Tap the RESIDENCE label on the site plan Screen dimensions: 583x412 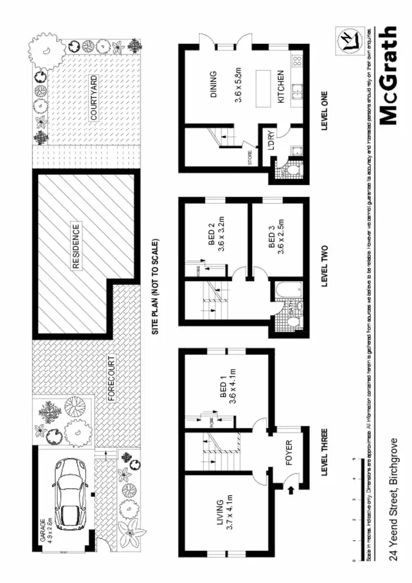[76, 246]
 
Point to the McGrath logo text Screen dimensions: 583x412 [389, 76]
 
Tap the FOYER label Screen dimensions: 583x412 [289, 453]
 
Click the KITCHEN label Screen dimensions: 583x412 [280, 86]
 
